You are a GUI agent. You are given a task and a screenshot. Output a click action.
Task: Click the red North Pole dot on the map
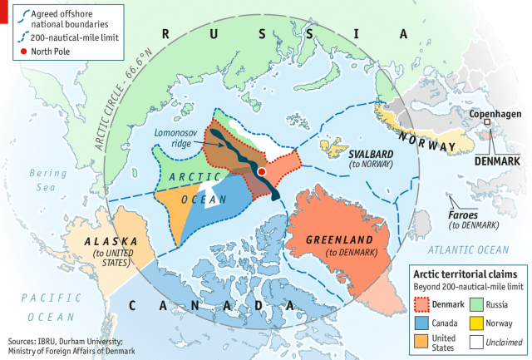(262, 170)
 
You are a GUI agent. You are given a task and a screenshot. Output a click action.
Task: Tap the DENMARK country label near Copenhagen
(495, 160)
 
